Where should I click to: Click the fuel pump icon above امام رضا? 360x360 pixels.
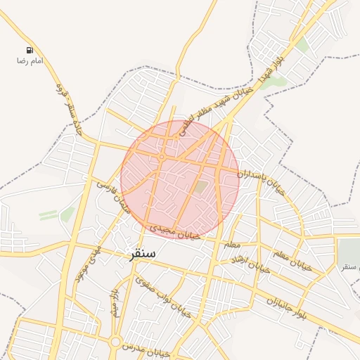click(x=30, y=50)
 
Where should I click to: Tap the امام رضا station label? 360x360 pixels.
click(x=30, y=61)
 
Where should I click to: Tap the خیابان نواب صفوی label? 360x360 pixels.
click(x=163, y=296)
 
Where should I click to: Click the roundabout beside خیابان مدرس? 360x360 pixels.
click(x=114, y=342)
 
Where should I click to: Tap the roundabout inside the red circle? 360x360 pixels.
click(x=161, y=157)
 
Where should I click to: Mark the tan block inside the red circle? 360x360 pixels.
click(x=201, y=187)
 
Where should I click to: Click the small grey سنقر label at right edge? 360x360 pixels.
click(x=349, y=267)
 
